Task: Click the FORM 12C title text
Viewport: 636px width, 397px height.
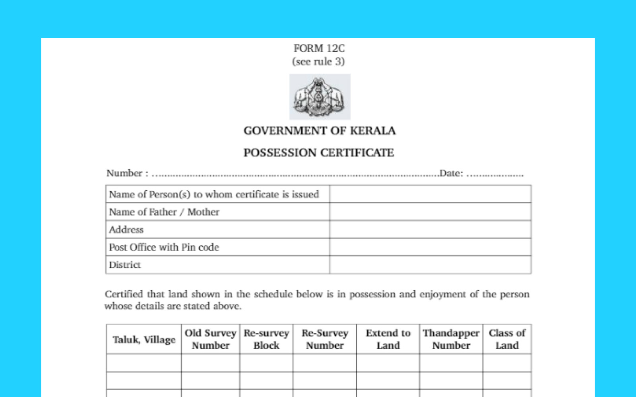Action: (319, 48)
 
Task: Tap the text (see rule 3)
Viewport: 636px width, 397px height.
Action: (318, 62)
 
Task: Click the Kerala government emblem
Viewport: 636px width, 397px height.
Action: (320, 96)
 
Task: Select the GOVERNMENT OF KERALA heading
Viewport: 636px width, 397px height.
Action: (319, 131)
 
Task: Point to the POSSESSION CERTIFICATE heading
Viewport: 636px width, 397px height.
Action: (318, 153)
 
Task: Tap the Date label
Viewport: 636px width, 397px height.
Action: (451, 173)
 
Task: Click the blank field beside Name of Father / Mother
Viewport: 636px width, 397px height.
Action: (430, 212)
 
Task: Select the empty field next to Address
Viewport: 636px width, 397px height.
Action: (430, 229)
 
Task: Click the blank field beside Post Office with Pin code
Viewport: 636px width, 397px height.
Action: (430, 247)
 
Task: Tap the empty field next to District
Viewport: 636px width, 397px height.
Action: (430, 265)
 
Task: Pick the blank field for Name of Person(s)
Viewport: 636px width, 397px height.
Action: (430, 194)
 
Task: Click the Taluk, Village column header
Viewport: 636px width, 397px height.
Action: (144, 339)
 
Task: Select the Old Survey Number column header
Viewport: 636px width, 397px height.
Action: (210, 339)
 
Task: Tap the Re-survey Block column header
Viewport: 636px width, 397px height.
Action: (266, 339)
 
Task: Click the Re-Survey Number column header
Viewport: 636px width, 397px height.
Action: (325, 339)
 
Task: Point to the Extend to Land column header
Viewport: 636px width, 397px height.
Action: (388, 339)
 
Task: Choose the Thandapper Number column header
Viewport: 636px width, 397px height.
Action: (451, 339)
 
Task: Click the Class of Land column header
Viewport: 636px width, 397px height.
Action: (507, 339)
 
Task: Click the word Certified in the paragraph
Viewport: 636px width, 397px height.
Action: (124, 294)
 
